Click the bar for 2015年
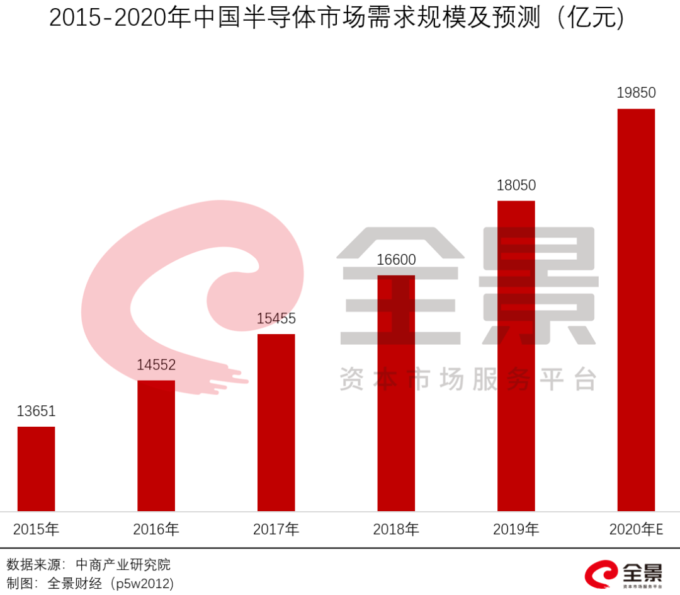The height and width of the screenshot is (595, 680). pos(36,469)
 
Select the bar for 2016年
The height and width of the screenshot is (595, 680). pos(156,446)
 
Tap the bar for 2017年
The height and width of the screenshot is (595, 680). pos(276,422)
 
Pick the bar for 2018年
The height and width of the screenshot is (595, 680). pos(396,393)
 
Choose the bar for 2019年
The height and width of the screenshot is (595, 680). pos(516,356)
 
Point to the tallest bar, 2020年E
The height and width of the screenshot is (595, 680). pos(636,310)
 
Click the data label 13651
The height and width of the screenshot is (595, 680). pos(36,412)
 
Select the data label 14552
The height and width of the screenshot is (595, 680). pos(156,365)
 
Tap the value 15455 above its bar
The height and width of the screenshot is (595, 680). pos(276,319)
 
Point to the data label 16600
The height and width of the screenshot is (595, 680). pos(396,260)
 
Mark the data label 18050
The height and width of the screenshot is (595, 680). pos(516,185)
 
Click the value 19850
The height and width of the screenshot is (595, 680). pos(636,93)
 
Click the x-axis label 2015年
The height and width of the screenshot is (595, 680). pos(36,529)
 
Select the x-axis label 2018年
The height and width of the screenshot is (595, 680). pos(396,529)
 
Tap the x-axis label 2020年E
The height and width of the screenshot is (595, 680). pos(636,529)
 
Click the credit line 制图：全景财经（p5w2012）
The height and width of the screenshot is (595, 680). pos(89,583)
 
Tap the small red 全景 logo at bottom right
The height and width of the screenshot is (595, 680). pos(623,574)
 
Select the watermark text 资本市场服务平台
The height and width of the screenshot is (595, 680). pos(468,379)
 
